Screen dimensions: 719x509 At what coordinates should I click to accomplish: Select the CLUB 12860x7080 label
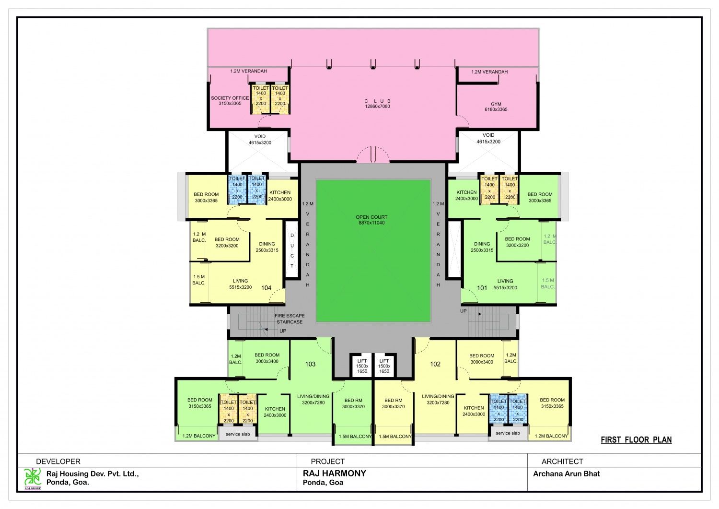(378, 104)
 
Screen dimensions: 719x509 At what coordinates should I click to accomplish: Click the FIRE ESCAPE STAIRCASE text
(290, 319)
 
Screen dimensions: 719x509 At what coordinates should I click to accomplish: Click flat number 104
(266, 288)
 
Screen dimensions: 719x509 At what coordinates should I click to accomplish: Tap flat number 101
(482, 288)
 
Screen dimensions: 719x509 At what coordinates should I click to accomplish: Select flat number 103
(310, 364)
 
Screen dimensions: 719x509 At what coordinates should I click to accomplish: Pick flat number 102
(435, 364)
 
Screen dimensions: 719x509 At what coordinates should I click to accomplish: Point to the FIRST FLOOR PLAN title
(636, 440)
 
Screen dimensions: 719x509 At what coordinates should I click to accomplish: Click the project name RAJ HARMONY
(334, 473)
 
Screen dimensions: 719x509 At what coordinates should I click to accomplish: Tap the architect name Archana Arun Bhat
(567, 473)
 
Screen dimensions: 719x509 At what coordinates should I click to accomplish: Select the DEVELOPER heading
(58, 462)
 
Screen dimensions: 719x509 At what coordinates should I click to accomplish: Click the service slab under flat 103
(238, 434)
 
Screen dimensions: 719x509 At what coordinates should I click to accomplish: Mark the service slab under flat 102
(508, 433)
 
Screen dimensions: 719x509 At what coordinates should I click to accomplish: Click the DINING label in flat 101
(482, 244)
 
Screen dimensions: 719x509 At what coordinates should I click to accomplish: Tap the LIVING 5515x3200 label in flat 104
(240, 284)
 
